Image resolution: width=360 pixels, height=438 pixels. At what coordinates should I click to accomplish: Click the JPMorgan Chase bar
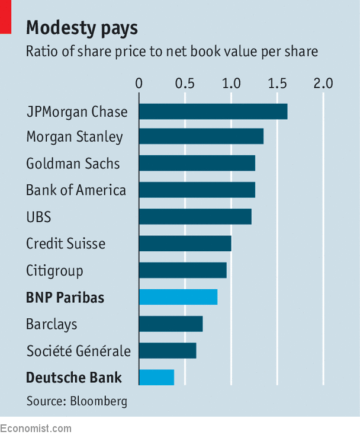point(213,111)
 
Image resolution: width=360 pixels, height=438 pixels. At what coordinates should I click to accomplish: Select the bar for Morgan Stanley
point(201,137)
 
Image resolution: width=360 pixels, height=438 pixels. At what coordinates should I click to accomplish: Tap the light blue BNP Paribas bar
point(178,296)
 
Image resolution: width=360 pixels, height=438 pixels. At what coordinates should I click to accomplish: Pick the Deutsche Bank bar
point(156,377)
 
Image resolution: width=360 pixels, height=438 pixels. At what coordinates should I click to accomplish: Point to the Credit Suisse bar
point(185,244)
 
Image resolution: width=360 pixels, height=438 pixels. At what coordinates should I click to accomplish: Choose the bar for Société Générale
point(168,350)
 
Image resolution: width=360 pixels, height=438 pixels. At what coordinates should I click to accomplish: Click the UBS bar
point(195,217)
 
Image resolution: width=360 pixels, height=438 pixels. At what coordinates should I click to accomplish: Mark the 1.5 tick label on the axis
point(277,83)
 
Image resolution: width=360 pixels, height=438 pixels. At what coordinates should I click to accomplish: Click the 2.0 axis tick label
point(323,83)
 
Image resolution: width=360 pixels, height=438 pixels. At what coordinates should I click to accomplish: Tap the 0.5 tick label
point(185,83)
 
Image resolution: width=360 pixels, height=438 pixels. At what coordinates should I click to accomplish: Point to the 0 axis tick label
point(139,83)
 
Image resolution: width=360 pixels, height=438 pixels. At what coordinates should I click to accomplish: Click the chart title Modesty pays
point(82,28)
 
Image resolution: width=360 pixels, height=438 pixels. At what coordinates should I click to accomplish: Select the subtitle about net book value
point(172,52)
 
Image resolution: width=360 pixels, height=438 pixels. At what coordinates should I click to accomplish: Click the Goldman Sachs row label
point(73,164)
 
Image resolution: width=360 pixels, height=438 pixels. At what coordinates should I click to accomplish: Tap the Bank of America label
point(76,190)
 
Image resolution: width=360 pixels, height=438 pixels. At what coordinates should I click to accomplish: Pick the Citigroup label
point(54,271)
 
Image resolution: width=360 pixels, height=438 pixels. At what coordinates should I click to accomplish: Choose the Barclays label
point(52,324)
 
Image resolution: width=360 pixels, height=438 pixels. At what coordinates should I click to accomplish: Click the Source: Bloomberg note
point(76,401)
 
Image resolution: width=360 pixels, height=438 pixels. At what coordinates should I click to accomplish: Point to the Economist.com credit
point(36,429)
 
